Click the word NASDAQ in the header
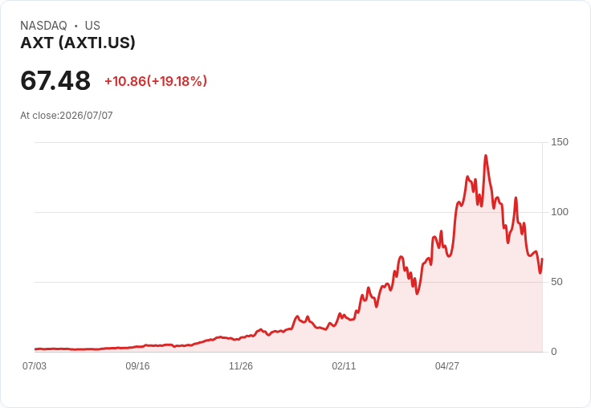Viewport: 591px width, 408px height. tap(43, 26)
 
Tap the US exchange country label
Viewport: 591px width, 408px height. tap(92, 26)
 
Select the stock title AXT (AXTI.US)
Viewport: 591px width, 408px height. tap(78, 43)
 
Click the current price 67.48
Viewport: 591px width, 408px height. tap(55, 80)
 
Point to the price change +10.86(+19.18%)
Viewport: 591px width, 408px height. tap(156, 81)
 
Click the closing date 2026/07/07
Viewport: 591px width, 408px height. tap(86, 116)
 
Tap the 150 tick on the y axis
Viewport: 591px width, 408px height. tap(560, 142)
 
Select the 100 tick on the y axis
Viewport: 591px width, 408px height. tap(560, 212)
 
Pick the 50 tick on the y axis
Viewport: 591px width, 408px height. tap(556, 282)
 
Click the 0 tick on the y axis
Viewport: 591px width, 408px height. tap(554, 352)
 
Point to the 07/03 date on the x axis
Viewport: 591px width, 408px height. tap(35, 366)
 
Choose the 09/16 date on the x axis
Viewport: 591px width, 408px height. tap(137, 366)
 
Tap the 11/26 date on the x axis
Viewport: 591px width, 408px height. tap(241, 366)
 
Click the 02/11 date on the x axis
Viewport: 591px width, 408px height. tap(344, 366)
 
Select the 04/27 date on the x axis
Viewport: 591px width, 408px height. tap(447, 366)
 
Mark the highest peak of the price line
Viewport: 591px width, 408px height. tap(486, 155)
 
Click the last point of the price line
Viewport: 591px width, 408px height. tap(542, 259)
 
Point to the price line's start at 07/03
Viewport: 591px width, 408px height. tap(35, 349)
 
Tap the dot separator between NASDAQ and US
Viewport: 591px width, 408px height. tap(76, 26)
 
